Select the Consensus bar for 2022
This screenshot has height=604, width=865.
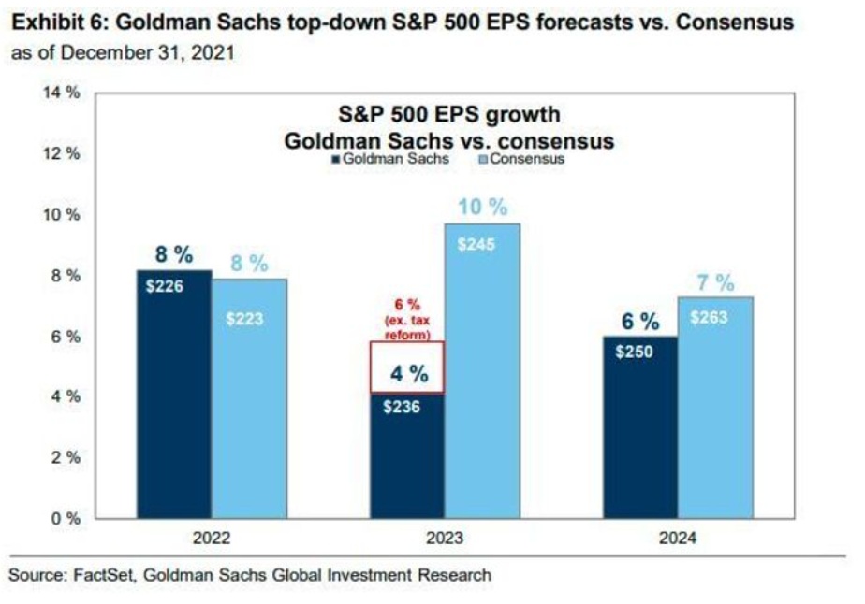coord(248,397)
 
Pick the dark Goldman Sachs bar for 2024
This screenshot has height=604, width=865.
coord(639,425)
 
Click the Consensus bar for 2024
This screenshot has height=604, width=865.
coord(715,407)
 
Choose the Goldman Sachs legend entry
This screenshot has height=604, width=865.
coord(379,160)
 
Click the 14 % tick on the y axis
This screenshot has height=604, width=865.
coord(63,93)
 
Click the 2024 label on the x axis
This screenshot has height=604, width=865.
coord(677,539)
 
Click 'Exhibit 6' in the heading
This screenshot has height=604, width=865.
coord(49,22)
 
